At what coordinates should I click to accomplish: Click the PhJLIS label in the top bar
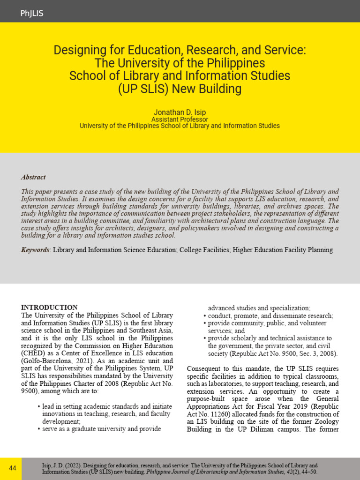tap(32, 14)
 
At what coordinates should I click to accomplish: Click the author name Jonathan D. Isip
tap(180, 112)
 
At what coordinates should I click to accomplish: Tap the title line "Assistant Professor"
tap(180, 120)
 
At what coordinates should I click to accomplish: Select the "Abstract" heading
tap(33, 177)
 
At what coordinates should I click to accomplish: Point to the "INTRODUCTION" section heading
tap(49, 307)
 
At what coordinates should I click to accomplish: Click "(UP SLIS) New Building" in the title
tap(180, 89)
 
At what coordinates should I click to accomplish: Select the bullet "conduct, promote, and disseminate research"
tap(270, 316)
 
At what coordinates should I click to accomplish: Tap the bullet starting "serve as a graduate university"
tap(101, 428)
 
